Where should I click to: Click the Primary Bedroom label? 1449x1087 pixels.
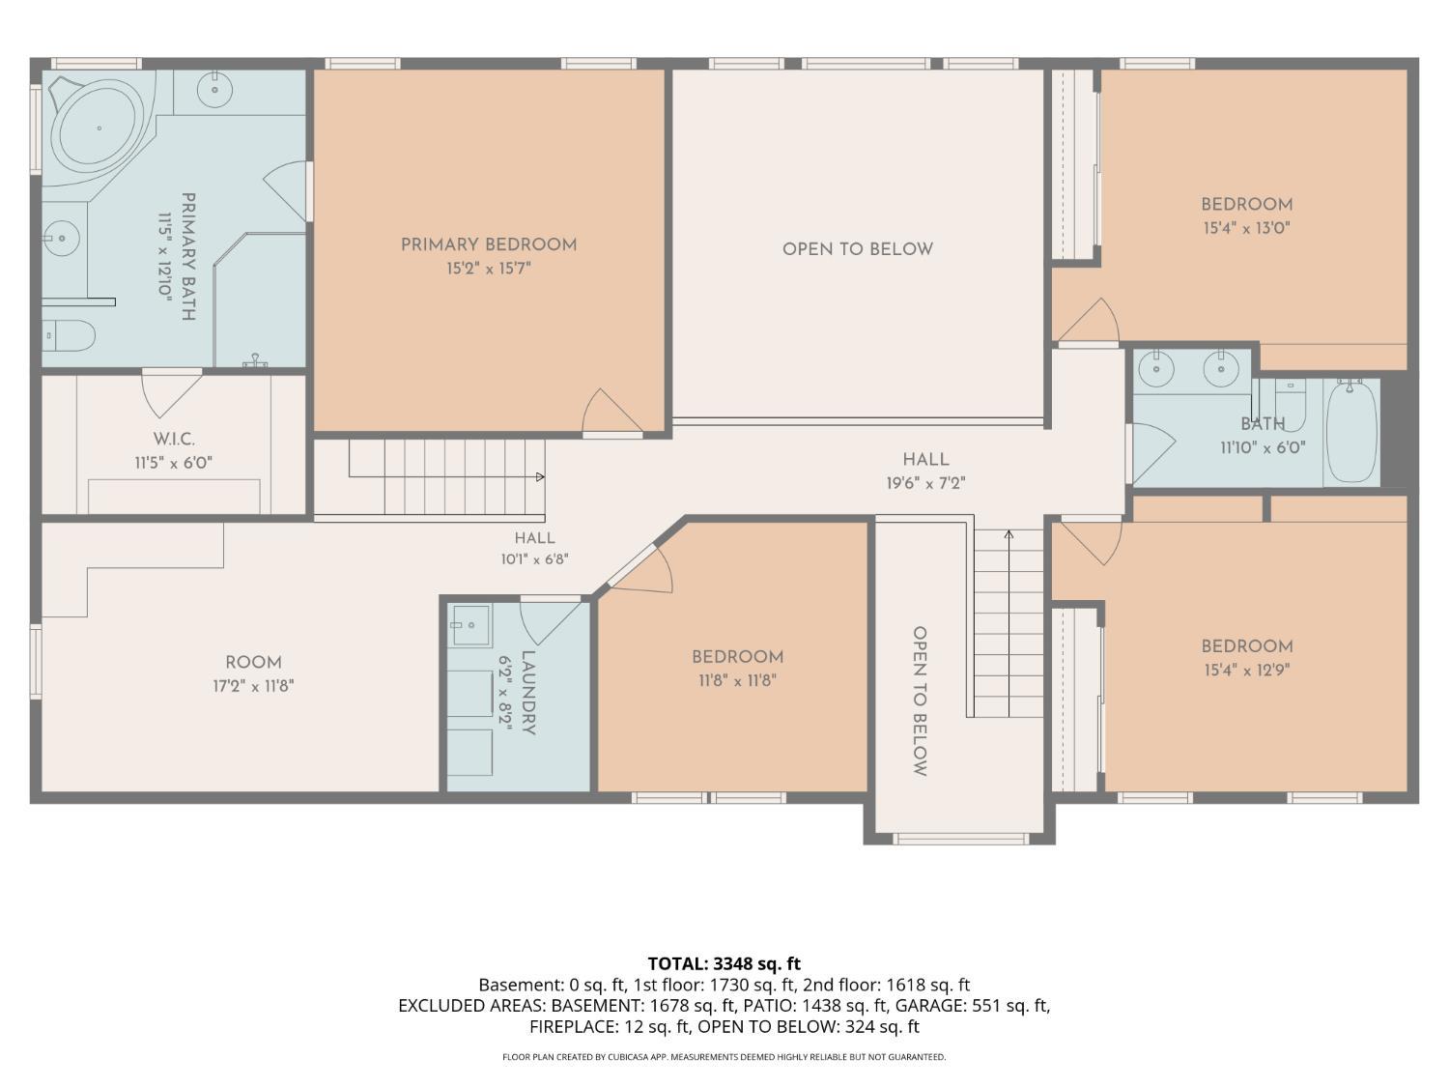click(x=489, y=244)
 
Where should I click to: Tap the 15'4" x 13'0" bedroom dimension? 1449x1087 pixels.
click(x=1246, y=228)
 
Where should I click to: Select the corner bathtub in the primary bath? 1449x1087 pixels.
click(x=99, y=129)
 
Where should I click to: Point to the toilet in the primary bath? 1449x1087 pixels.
click(x=70, y=335)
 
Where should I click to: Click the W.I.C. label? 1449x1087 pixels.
click(x=174, y=439)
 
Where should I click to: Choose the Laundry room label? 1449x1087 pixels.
click(x=528, y=693)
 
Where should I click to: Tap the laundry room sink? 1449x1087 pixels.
click(x=471, y=624)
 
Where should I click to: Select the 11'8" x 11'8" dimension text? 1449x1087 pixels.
click(x=737, y=680)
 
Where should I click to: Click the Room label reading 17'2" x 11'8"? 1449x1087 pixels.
click(x=253, y=662)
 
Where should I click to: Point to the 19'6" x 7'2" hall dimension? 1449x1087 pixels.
click(x=925, y=484)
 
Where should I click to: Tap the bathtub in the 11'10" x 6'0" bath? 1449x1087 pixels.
click(x=1351, y=432)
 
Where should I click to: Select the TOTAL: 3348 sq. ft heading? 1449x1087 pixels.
click(x=724, y=963)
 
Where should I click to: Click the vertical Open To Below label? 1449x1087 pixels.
click(x=920, y=701)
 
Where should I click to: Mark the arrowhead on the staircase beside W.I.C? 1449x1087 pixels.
click(x=541, y=476)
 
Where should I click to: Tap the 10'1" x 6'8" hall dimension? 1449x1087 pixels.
click(x=535, y=559)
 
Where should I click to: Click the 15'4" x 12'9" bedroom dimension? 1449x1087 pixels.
click(x=1246, y=671)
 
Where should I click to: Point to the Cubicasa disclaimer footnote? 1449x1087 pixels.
click(x=724, y=1057)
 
